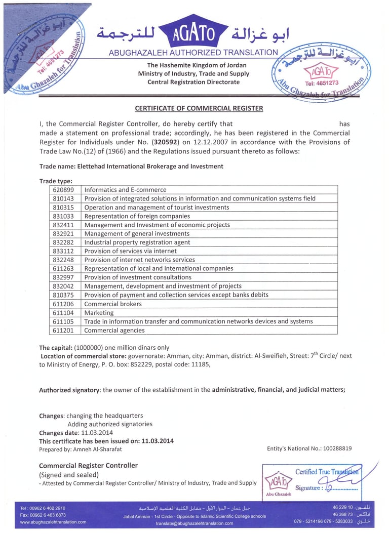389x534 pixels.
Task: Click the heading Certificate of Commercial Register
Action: (x=199, y=108)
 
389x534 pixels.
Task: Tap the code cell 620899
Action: (x=64, y=190)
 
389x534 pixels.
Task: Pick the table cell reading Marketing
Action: (x=99, y=313)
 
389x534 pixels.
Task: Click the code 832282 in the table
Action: (x=64, y=242)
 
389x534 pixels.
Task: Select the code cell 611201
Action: (x=64, y=331)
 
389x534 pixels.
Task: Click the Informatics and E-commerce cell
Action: (x=125, y=190)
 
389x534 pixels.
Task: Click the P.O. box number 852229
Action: (x=146, y=364)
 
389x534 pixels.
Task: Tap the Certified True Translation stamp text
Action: (x=327, y=472)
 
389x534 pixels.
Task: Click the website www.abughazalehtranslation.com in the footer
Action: (x=53, y=522)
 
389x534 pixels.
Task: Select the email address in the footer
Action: (x=194, y=523)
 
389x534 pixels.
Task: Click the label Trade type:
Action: (x=56, y=181)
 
